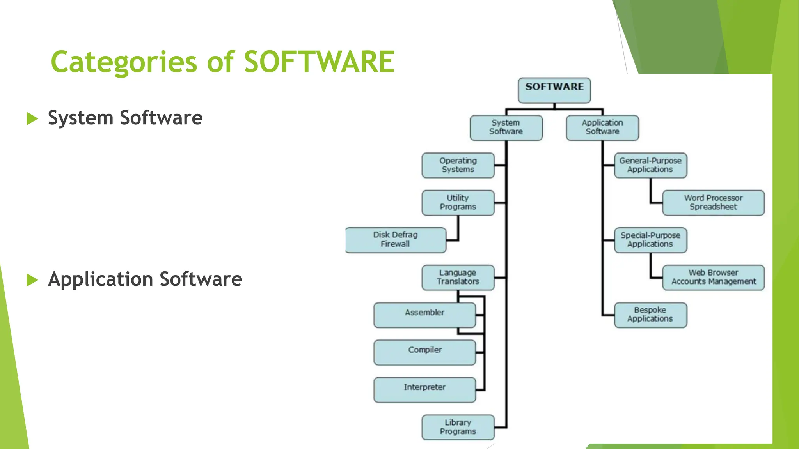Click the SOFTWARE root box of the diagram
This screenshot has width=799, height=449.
coord(554,90)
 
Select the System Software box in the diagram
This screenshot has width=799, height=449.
coord(506,127)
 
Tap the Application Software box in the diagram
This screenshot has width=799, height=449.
coord(602,127)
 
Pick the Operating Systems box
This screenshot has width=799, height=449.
coord(458,165)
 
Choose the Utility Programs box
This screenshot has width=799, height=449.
coord(458,203)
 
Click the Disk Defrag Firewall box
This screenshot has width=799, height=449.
coord(396,240)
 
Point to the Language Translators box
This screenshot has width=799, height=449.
coord(458,278)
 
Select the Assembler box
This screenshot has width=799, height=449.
coord(424,315)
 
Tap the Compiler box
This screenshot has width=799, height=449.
coord(424,352)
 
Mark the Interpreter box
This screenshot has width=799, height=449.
coord(424,390)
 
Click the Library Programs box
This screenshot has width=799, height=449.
coord(458,427)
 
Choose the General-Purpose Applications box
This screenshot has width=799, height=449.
coord(650,165)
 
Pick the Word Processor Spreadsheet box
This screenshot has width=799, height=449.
coord(713,203)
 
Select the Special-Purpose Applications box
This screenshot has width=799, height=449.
coord(650,240)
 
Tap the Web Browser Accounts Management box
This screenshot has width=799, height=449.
coord(713,278)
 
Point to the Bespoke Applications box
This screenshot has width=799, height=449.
coord(650,315)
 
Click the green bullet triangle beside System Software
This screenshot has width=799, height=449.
coord(32,118)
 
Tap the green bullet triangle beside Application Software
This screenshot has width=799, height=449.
coord(32,280)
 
